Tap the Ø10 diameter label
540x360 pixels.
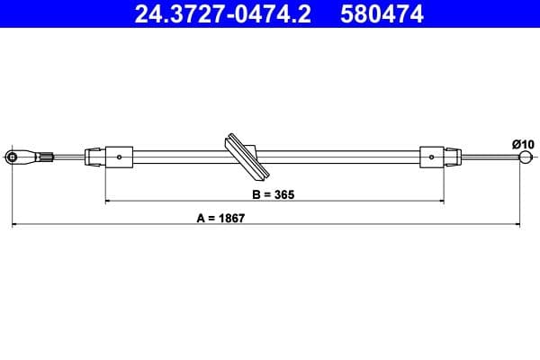point(523,143)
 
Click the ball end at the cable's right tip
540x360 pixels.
point(525,158)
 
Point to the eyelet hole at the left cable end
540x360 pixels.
point(13,157)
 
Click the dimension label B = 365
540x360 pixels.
point(274,193)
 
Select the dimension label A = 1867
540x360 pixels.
point(221,217)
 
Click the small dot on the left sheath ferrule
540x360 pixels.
point(120,157)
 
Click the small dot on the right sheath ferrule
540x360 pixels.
point(432,157)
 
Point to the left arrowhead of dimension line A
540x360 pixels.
point(14,224)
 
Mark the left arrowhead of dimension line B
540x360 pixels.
point(109,202)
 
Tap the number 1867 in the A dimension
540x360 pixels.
point(233,217)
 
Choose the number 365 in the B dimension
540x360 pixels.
point(284,193)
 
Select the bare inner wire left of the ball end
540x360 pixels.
point(490,158)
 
